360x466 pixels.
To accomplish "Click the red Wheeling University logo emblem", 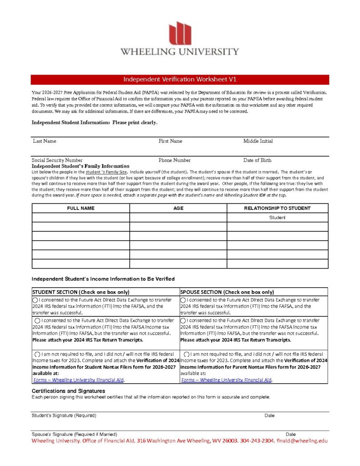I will [180, 33].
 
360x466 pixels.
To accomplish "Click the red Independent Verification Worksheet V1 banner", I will [180, 80].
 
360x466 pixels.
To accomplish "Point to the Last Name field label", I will [45, 141].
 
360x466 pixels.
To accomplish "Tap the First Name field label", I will [170, 141].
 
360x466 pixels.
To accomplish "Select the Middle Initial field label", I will [258, 141].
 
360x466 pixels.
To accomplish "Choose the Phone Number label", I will [175, 160].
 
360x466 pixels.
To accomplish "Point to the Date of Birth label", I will [257, 160].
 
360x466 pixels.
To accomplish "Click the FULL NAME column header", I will [81, 208].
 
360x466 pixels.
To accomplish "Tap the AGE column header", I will [178, 208].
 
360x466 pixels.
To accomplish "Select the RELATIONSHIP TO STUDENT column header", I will [277, 208].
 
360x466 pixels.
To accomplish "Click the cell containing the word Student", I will [277, 218].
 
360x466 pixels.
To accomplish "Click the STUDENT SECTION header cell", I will [81, 292].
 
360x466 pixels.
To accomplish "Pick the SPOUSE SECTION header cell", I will [227, 292].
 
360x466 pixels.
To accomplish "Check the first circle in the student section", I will [35, 300].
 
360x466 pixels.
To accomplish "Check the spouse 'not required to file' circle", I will [187, 354].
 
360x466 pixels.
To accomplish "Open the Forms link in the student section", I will [79, 380].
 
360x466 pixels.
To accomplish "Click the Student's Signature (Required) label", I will [64, 415].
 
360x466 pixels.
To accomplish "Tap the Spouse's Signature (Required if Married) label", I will [74, 435].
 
